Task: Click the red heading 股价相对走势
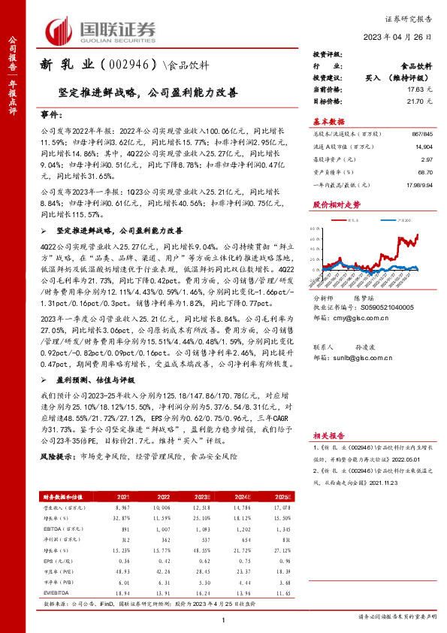[331, 204]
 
